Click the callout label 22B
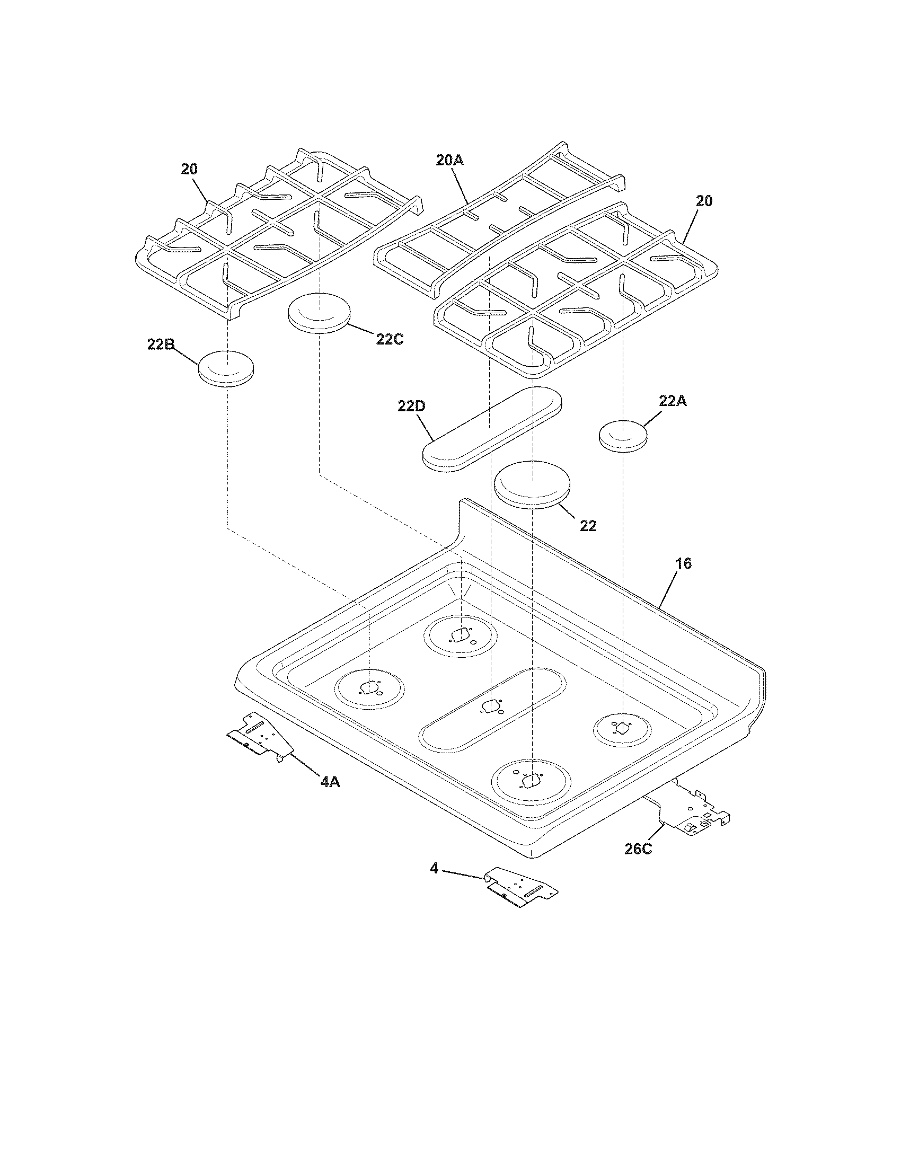click(x=161, y=345)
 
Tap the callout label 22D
click(x=411, y=407)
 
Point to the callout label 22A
click(x=673, y=401)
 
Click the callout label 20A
click(x=449, y=160)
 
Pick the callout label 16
click(x=683, y=563)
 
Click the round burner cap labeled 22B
click(x=226, y=368)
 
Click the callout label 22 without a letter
click(x=588, y=526)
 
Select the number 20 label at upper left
click(x=189, y=169)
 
